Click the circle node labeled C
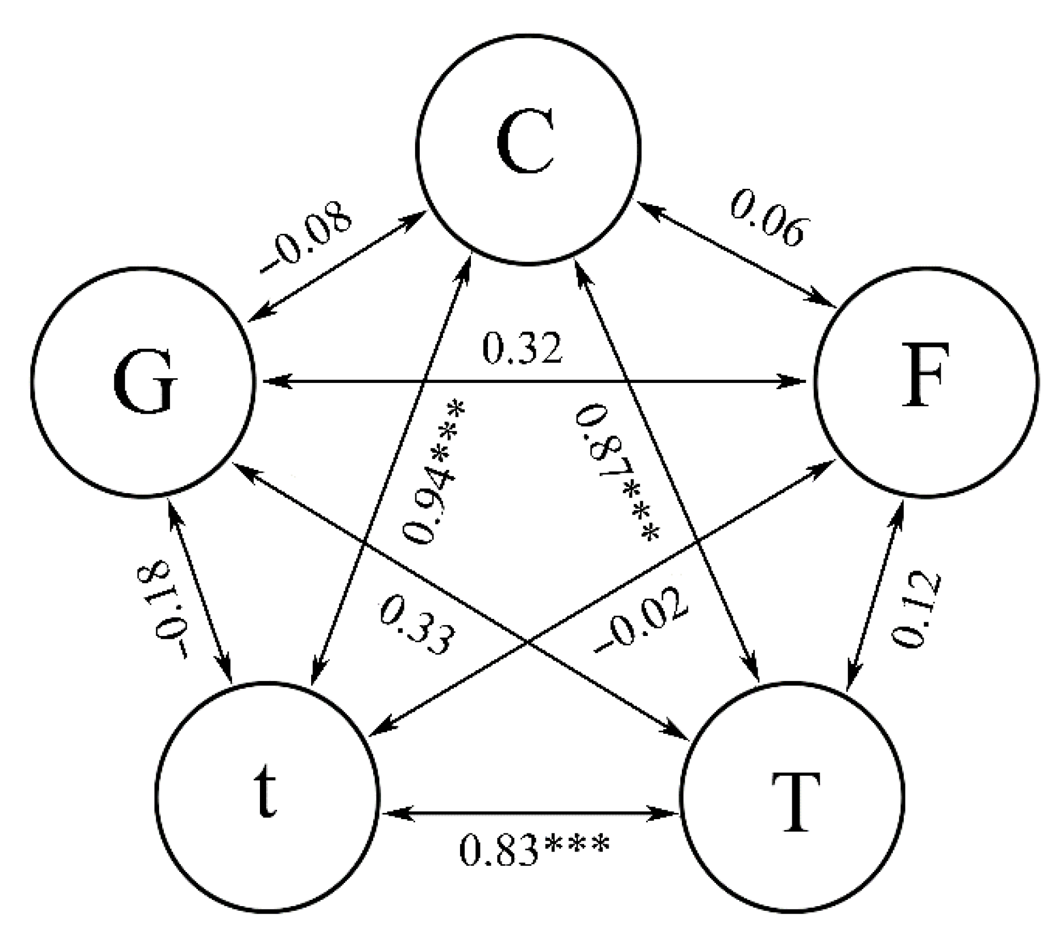coord(528,149)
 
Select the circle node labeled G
coord(142,382)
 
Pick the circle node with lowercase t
coord(266,794)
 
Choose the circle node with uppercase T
coord(792,795)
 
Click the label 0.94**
coord(433,472)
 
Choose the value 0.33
coord(417,625)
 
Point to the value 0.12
coord(915,609)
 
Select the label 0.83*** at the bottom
coord(533,849)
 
